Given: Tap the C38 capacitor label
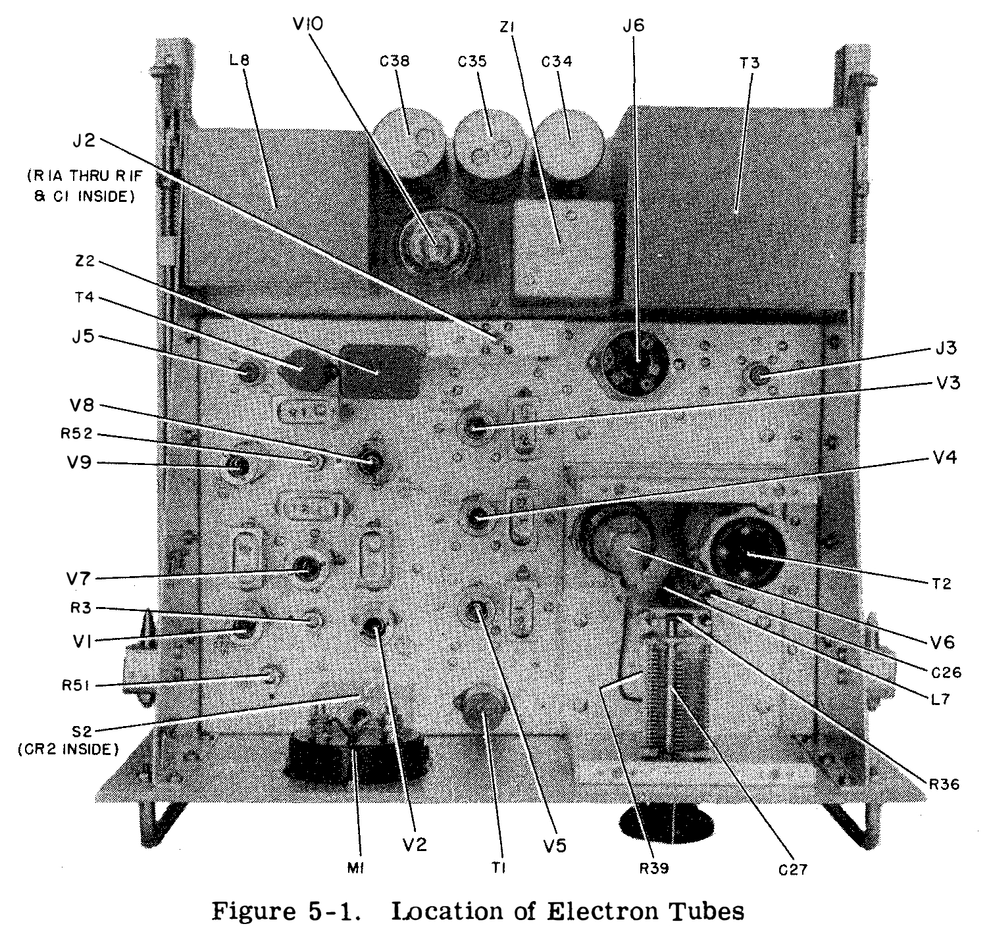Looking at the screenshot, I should pos(394,62).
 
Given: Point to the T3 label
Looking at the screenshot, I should pos(750,63).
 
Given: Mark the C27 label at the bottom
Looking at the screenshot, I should pos(790,870).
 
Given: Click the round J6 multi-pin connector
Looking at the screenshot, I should pos(635,364).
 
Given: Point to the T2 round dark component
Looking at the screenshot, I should pos(747,550).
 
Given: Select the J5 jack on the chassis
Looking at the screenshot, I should pos(249,373).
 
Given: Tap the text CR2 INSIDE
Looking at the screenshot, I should pos(68,748).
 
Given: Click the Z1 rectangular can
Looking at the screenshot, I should pos(563,247).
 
